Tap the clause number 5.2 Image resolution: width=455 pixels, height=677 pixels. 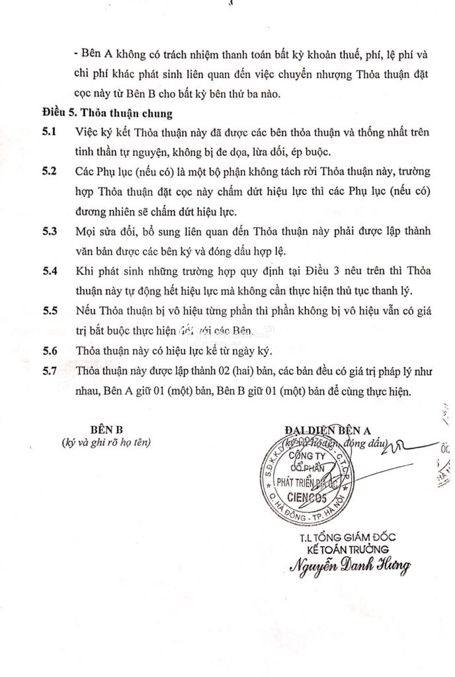(50, 171)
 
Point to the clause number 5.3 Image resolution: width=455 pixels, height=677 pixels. (50, 231)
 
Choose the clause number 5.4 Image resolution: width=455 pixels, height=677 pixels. (50, 271)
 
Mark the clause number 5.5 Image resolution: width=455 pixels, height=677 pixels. (50, 311)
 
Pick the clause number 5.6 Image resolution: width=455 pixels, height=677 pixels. (50, 351)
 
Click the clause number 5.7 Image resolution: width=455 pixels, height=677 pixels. (50, 372)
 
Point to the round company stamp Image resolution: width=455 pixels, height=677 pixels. (306, 474)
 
